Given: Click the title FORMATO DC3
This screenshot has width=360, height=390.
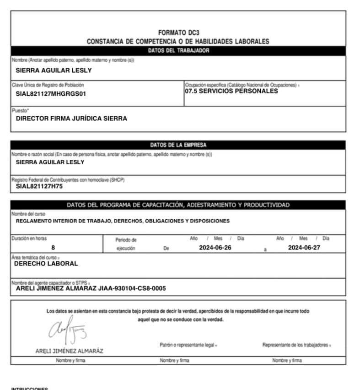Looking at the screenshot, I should [x=178, y=33].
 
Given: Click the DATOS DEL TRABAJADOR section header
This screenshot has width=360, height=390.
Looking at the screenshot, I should [x=178, y=51].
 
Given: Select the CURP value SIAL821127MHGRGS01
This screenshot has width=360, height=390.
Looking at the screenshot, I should [x=51, y=94].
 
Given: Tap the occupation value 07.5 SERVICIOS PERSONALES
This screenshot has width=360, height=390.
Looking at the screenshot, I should [x=231, y=91].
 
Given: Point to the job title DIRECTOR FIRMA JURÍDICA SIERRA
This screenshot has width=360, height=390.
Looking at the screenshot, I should [x=71, y=119].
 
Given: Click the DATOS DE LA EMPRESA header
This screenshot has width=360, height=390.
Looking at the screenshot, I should [x=178, y=145].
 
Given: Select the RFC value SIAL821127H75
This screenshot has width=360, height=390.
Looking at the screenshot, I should [x=39, y=186].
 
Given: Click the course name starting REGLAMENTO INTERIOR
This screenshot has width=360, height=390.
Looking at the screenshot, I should [x=123, y=221].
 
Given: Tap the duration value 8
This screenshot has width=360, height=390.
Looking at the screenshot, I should [x=53, y=248].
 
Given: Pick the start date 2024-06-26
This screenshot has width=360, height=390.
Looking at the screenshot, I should [x=212, y=248].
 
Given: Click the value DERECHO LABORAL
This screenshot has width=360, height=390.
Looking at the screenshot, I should [x=46, y=264].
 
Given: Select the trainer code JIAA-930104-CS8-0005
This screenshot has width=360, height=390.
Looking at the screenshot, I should [x=132, y=288].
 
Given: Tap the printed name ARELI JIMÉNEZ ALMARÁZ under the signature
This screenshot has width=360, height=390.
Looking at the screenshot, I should [x=69, y=351].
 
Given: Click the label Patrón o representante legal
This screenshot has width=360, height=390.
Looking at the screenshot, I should [x=185, y=345].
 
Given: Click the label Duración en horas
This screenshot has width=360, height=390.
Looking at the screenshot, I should [x=29, y=238].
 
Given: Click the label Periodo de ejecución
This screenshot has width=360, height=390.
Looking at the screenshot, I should [x=126, y=244].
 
